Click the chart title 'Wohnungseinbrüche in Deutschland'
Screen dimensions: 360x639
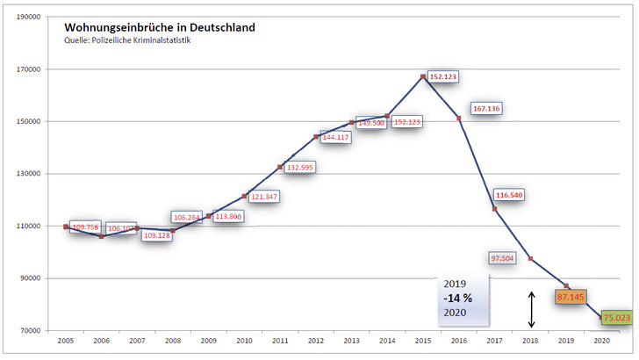coord(159,27)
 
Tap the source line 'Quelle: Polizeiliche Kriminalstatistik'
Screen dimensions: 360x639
coord(126,40)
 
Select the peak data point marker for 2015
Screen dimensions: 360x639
coord(423,77)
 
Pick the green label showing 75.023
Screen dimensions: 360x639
coord(617,318)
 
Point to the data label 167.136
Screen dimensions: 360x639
coord(485,109)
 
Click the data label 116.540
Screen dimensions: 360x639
coord(508,195)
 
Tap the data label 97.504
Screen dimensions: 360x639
coord(503,258)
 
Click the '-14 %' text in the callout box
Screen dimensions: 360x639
coord(457,299)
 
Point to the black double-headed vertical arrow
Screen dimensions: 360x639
coord(530,309)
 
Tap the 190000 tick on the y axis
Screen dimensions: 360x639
coord(29,17)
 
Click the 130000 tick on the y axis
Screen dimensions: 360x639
coord(29,174)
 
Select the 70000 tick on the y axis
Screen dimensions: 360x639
coord(32,331)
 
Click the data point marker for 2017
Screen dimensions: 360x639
coord(494,209)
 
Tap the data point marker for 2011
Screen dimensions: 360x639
coord(280,167)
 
